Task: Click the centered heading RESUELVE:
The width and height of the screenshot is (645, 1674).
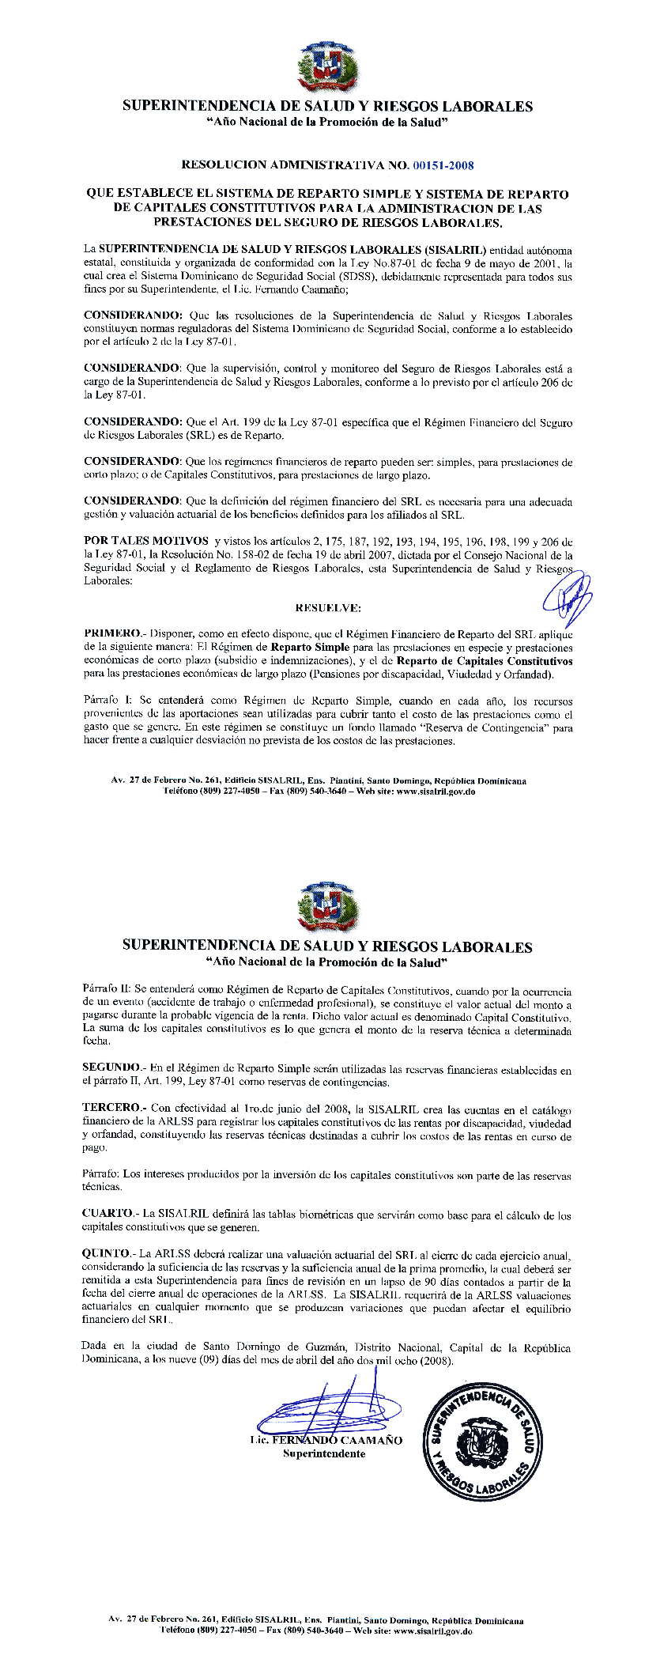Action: tap(327, 608)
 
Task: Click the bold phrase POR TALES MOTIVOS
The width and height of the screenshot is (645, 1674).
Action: tap(135, 541)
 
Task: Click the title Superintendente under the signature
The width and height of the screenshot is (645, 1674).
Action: tap(324, 1453)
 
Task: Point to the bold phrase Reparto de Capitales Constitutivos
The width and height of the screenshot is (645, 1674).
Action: tap(484, 660)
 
